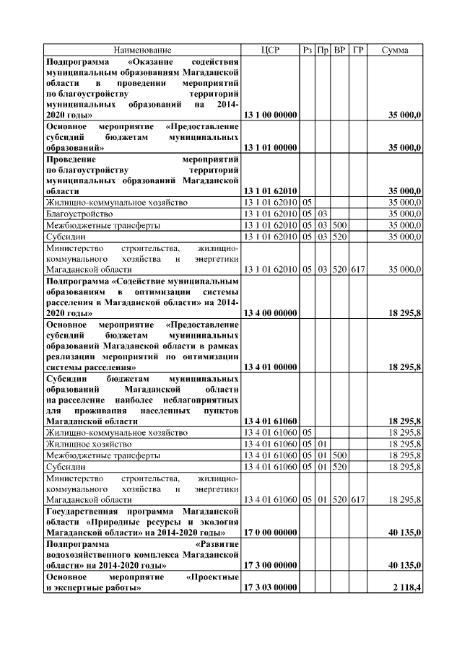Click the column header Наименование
tap(142, 50)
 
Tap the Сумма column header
tap(395, 50)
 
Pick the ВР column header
tap(339, 50)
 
